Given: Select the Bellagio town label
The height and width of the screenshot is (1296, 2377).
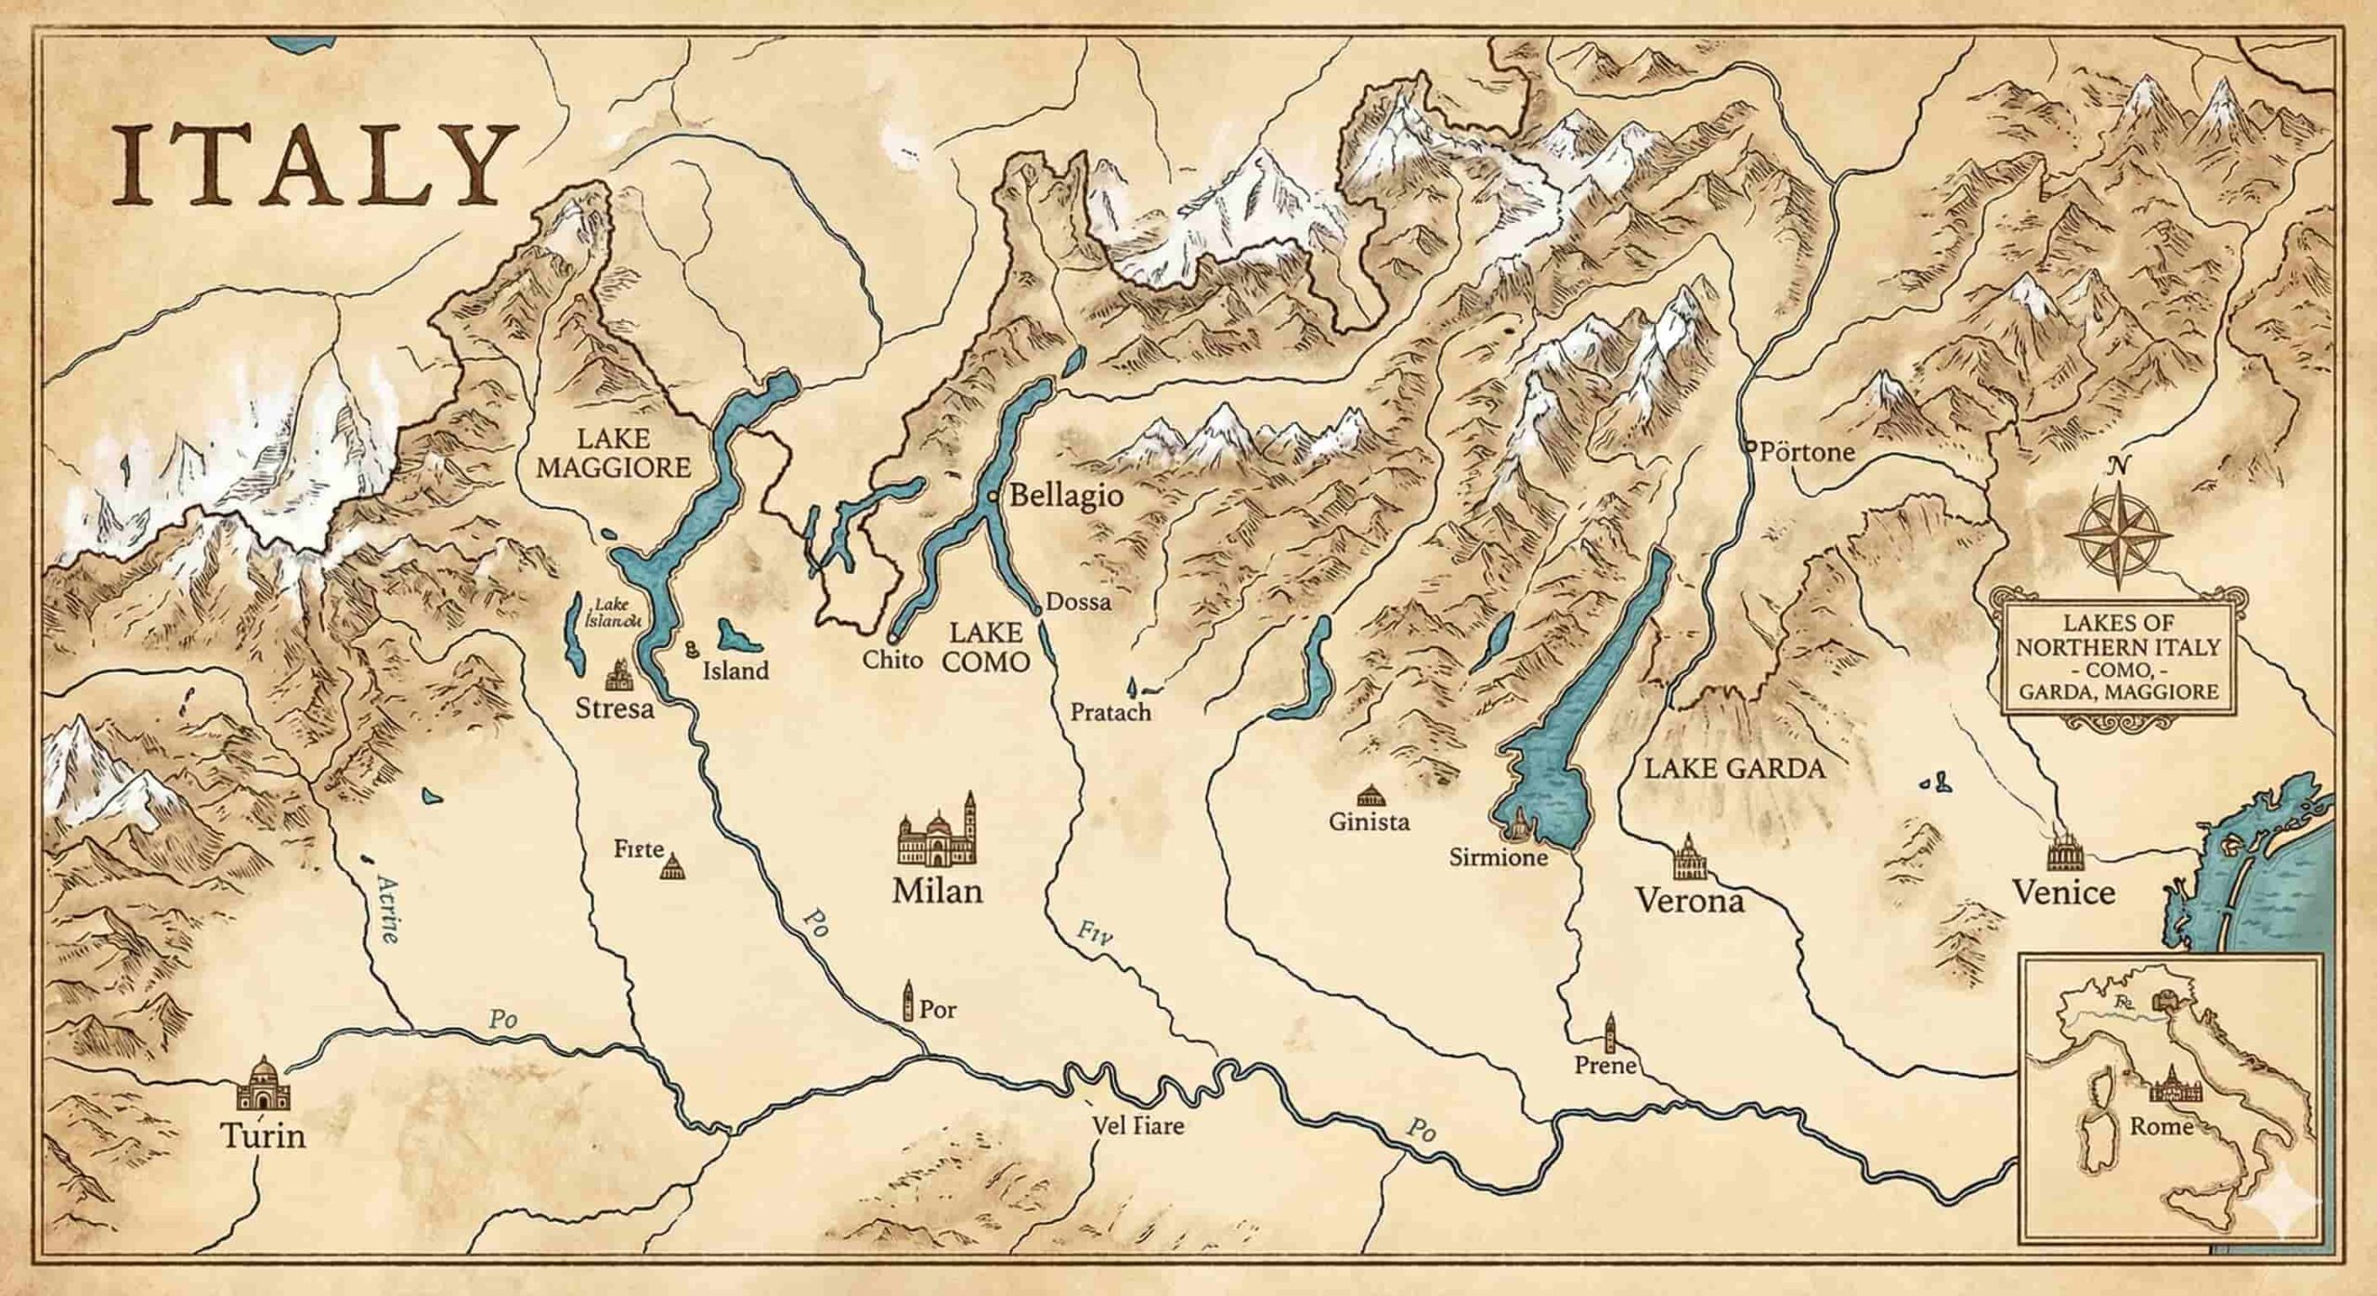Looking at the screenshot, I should [x=1065, y=496].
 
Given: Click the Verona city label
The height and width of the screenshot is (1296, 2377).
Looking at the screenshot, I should [x=1689, y=901].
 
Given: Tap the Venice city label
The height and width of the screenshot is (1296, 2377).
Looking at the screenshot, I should [x=2063, y=893].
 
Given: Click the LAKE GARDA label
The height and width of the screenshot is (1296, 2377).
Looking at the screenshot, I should [x=1734, y=769].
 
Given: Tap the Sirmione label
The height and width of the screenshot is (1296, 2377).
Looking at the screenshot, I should [x=1498, y=858].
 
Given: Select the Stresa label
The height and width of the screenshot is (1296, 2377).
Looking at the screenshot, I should [x=615, y=710].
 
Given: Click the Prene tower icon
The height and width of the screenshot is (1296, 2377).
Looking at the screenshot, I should [x=1608, y=1030].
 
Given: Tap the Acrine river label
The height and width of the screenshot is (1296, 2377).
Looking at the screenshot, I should [x=388, y=910].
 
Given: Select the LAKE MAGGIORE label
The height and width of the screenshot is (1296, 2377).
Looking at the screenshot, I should [x=614, y=453].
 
